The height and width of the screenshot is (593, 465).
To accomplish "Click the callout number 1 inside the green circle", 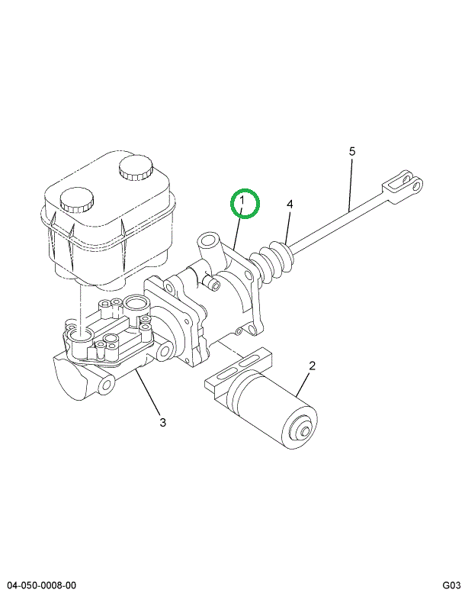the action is (242, 199).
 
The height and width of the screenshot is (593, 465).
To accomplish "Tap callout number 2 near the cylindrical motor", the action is (312, 366).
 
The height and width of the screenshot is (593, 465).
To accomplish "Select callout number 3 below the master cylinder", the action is (162, 422).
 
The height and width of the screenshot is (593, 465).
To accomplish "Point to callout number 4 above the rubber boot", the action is (290, 205).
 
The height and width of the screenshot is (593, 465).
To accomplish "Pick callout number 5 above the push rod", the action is (352, 152).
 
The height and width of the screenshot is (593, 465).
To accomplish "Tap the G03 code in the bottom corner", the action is (451, 585).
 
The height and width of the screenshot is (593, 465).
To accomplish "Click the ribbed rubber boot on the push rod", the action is (272, 261).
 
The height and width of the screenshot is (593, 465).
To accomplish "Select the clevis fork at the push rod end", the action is (402, 187).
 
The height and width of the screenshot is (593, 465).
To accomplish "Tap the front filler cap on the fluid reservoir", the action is (77, 199).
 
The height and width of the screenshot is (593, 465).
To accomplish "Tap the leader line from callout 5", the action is (351, 185).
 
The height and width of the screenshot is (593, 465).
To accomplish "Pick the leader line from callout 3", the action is (149, 392).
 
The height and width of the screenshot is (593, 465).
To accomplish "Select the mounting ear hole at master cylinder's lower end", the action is (107, 385).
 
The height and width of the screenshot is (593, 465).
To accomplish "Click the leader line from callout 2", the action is (303, 384).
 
